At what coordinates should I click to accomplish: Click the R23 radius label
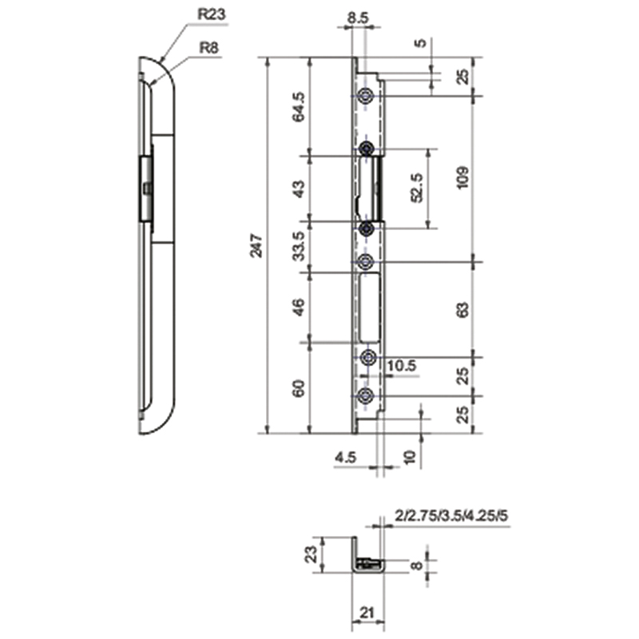[x=212, y=14]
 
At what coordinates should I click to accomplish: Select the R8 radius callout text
[x=208, y=48]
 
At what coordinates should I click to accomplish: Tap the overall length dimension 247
[x=256, y=245]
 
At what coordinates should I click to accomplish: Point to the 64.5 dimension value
[x=298, y=107]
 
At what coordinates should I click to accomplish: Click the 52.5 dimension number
[x=417, y=188]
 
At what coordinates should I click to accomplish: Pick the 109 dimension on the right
[x=462, y=177]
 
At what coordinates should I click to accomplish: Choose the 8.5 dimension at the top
[x=358, y=18]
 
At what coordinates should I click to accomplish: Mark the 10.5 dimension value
[x=402, y=366]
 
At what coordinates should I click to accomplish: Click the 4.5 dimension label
[x=345, y=458]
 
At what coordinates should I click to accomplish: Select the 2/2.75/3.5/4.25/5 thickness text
[x=451, y=516]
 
